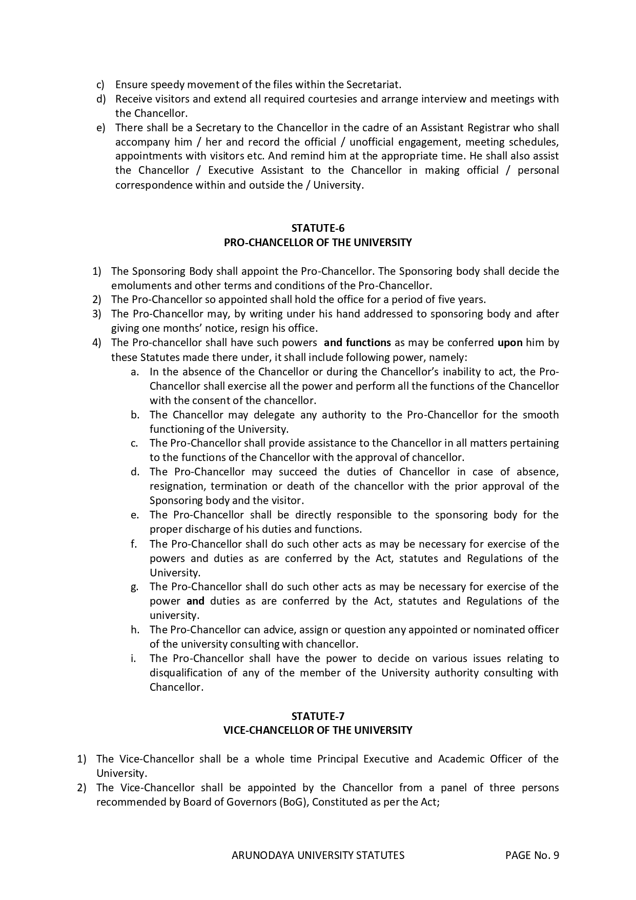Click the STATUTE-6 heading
click(318, 228)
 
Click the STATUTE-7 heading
click(318, 716)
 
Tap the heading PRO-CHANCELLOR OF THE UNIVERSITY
click(318, 243)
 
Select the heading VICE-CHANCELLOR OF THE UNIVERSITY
click(318, 730)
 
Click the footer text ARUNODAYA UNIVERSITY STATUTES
click(318, 855)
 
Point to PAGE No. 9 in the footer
click(531, 855)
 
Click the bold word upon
click(510, 343)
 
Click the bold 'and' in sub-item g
click(195, 601)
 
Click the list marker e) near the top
click(100, 127)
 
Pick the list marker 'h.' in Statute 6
click(135, 630)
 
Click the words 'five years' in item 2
click(462, 299)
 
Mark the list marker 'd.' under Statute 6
click(135, 472)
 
